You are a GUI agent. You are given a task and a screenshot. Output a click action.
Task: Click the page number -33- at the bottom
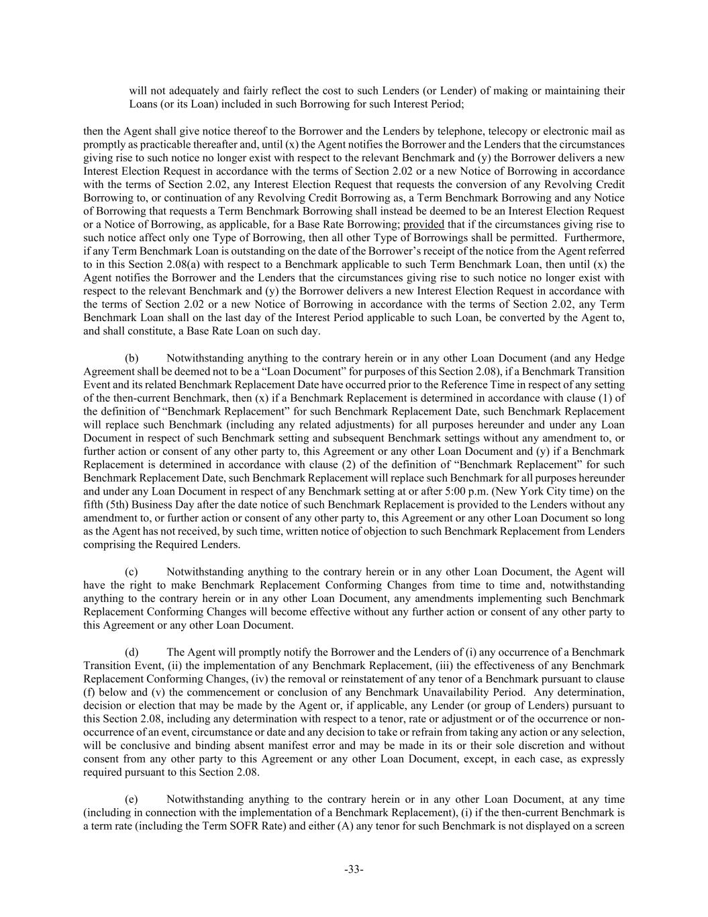tap(354, 869)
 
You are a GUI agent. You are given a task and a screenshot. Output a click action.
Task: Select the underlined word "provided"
tap(423, 224)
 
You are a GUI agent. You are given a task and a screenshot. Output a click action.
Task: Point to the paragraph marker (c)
tap(132, 572)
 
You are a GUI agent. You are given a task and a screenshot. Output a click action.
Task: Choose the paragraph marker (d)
tap(132, 652)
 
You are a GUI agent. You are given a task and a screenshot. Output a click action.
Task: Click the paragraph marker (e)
tap(132, 799)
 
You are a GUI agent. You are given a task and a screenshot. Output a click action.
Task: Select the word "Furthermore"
tap(597, 238)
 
